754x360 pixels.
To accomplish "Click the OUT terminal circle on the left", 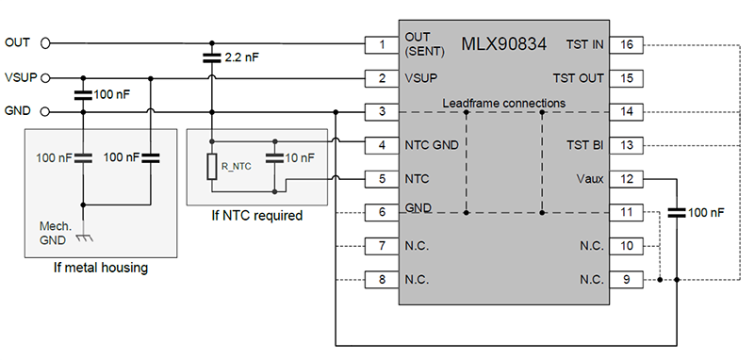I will (44, 42).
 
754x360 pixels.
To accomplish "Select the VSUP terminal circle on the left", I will (44, 77).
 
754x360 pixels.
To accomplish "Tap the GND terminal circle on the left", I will (44, 111).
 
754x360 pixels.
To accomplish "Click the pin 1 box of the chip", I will (382, 43).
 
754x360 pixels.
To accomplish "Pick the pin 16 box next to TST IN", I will (627, 43).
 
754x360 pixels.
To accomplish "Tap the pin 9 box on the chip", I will (627, 280).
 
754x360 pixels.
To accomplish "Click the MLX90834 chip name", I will (504, 44).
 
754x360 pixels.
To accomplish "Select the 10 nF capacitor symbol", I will (275, 155).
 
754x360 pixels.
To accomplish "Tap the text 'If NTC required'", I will (257, 216).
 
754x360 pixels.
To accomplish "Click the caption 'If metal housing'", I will (101, 269).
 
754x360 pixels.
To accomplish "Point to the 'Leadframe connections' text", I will (503, 102).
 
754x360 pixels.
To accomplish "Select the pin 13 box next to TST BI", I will (627, 145).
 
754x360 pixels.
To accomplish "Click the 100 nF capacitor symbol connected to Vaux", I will (675, 214).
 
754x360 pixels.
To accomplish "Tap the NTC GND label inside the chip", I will (432, 145).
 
